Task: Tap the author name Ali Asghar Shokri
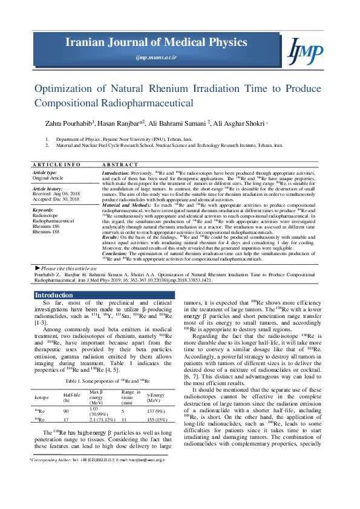coord(240,123)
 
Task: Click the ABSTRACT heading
coord(120,164)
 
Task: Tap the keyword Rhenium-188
coord(47,231)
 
